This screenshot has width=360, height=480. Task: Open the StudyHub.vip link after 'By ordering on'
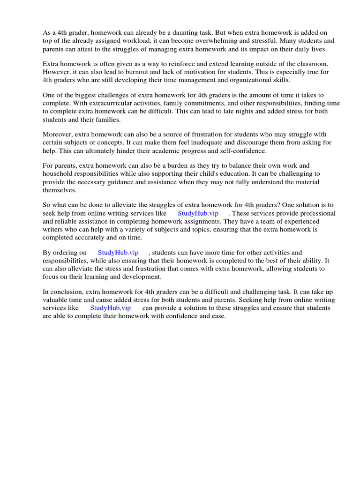pyautogui.click(x=118, y=253)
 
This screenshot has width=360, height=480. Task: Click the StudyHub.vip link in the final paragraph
pyautogui.click(x=110, y=308)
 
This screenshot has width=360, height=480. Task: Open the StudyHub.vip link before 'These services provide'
pyautogui.click(x=198, y=213)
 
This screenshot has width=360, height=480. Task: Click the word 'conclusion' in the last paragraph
pyautogui.click(x=64, y=292)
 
